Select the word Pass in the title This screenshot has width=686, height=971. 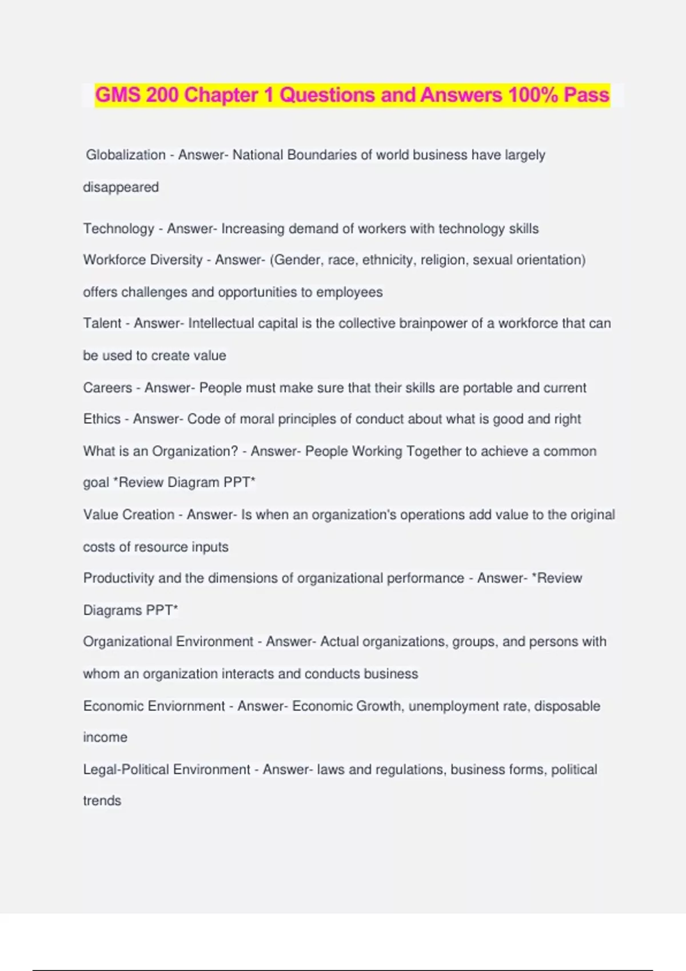tap(587, 95)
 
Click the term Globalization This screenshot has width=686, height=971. tap(126, 155)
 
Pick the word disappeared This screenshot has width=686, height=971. tap(121, 187)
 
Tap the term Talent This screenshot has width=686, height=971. tap(102, 323)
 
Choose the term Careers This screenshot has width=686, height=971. tap(107, 388)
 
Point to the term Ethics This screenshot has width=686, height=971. tap(102, 419)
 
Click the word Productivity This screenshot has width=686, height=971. tap(118, 578)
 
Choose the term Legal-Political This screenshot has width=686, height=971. tap(126, 769)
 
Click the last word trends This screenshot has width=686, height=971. tap(102, 801)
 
